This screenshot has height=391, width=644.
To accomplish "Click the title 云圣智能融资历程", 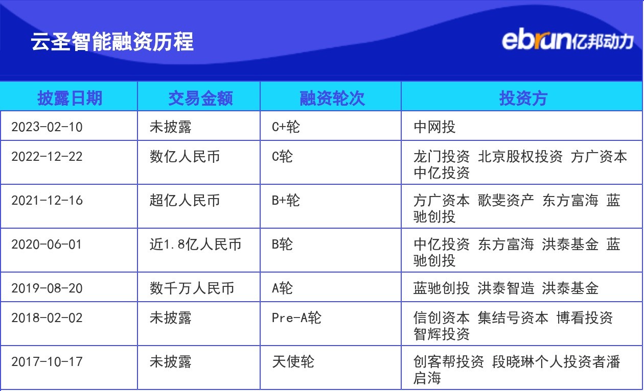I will coord(112,41).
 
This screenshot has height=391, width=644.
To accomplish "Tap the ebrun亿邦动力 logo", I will coord(567,40).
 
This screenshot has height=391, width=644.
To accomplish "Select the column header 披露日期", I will coord(70,97).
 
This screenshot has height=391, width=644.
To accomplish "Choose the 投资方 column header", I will coord(523,97).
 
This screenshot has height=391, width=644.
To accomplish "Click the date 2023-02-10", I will coord(47,127).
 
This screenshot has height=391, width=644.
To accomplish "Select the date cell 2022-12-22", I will coord(47,156).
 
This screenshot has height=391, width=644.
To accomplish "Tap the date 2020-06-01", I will coord(47,244).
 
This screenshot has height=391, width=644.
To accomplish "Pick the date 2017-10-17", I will coord(47,362).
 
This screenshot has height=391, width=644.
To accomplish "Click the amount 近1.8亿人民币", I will coord(195,244).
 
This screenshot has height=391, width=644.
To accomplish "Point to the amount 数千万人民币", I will coord(192,288).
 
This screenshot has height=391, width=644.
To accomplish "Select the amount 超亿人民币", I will coord(185,200).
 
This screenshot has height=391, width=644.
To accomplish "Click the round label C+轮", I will coord(286,127).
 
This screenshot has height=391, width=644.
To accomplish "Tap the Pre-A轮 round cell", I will coord(296,317).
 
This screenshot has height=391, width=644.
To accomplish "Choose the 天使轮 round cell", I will coord(293,362).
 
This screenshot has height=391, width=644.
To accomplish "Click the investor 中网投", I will coord(434,127).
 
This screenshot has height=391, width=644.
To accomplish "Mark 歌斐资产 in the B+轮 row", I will coord(506,200).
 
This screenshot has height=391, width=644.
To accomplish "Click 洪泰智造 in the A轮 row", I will coord(506,288).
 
